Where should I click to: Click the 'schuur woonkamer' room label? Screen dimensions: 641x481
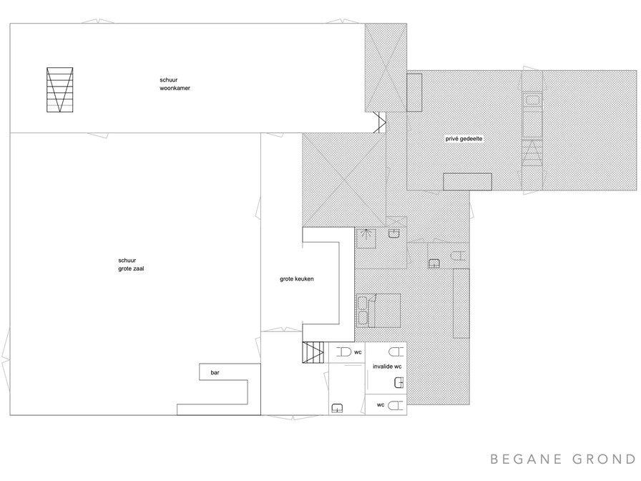point(175,84)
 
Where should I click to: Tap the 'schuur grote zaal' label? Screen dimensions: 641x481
point(131,265)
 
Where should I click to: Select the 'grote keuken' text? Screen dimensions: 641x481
point(297,279)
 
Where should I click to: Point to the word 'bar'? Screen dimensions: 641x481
point(215,373)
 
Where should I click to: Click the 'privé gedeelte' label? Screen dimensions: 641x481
point(464,139)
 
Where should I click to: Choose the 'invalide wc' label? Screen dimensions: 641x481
point(387,366)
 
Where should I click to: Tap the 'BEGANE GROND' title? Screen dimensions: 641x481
point(563,460)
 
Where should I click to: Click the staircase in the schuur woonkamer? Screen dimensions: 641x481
point(59,89)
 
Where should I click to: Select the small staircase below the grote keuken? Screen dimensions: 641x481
point(313,352)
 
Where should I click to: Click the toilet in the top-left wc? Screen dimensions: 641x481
point(344,351)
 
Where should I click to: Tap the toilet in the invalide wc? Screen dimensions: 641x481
point(396,351)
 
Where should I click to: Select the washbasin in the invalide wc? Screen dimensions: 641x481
point(398,383)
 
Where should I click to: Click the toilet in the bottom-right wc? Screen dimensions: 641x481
point(396,405)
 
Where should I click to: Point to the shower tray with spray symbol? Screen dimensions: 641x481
point(366,238)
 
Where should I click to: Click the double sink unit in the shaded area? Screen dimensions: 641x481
point(363,311)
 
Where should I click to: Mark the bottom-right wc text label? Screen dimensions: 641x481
point(381,405)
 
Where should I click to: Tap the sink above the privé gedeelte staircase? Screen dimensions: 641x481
point(532,99)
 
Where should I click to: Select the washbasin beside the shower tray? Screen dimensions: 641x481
point(393,233)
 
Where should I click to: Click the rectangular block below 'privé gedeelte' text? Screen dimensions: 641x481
point(467,182)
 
